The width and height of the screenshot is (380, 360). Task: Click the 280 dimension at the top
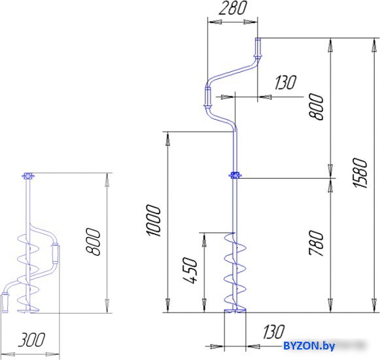233,8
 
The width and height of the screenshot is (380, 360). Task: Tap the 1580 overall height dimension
360,173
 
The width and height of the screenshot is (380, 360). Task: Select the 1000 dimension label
153,221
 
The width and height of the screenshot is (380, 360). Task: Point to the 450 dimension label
190,270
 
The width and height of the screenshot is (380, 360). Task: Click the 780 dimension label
317,243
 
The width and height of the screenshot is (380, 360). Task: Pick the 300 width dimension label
31,340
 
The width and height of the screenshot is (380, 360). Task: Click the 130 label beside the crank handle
286,82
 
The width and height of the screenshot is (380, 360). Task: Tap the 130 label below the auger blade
274,332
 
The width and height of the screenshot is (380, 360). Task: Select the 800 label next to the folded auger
94,242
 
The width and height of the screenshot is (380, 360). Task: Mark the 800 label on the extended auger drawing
317,107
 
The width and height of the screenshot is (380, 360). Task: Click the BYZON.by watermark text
309,346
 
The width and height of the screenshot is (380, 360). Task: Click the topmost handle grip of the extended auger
258,48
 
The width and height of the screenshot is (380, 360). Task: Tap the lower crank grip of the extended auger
208,98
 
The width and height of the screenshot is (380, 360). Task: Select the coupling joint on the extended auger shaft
235,175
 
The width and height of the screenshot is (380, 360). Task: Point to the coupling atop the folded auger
28,176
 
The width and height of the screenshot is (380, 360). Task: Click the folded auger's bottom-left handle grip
5,302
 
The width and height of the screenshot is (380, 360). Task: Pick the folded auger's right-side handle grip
55,254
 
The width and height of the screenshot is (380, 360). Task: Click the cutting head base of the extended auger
235,311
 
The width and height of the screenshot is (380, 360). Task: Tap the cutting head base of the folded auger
28,311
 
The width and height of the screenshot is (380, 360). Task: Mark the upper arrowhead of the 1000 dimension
167,141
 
